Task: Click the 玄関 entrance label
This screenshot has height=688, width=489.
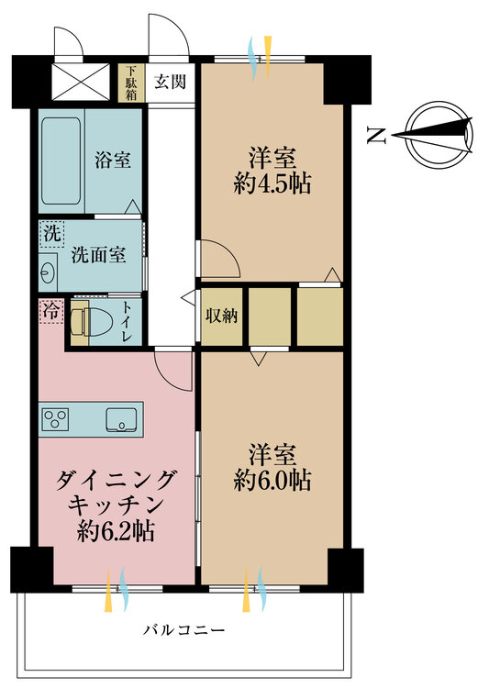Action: coord(170,82)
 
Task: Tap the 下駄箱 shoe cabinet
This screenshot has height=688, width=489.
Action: coord(131,83)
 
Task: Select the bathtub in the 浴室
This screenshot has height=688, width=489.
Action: coord(61,161)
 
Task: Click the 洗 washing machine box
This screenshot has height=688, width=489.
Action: coord(52,234)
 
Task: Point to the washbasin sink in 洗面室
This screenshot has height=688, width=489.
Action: coord(48,272)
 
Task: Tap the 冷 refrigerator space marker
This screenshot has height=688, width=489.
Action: coord(51,312)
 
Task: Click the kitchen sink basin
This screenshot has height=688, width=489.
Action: coord(122,419)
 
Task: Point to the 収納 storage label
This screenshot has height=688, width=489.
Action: coord(222,316)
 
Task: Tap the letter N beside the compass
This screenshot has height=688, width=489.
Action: coord(376,136)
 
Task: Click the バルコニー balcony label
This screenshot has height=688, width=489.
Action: coord(184,630)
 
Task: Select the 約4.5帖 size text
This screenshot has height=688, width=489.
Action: coord(272,183)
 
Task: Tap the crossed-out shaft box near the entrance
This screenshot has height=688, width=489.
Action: coord(81,82)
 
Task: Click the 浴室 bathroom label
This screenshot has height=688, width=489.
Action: coord(113,161)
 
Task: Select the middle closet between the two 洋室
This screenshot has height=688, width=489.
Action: coord(270,316)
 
